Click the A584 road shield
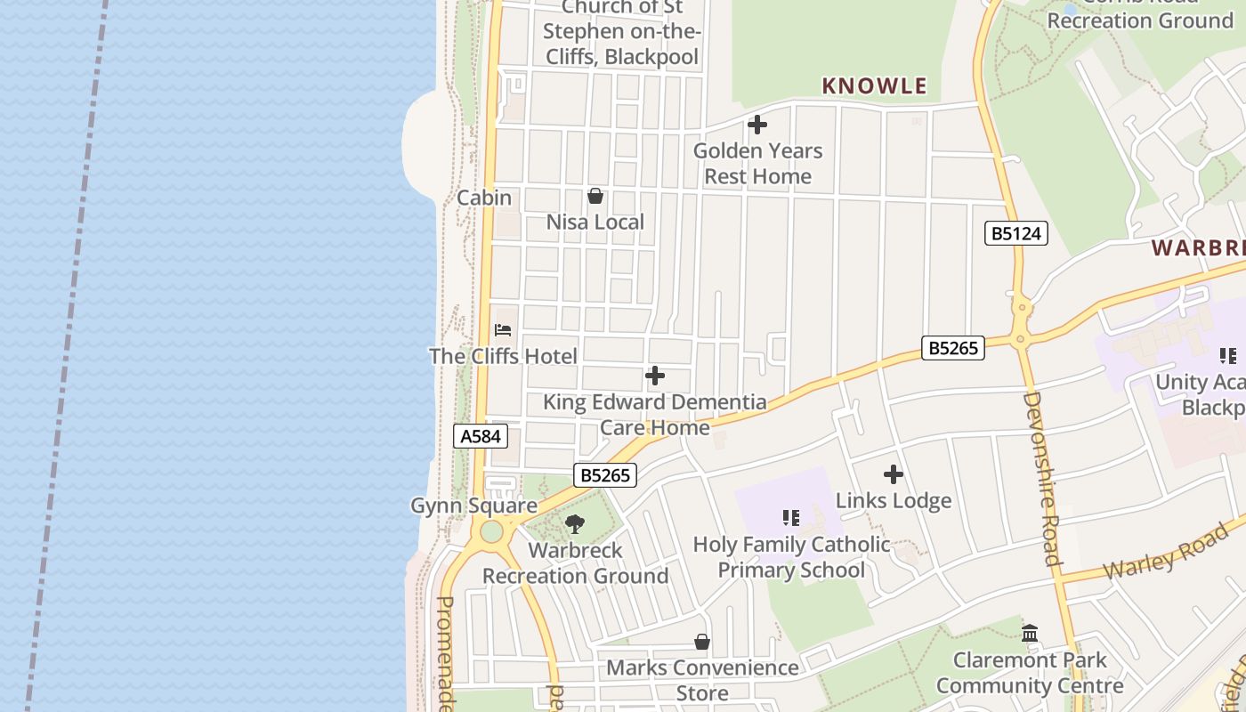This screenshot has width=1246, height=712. (x=481, y=436)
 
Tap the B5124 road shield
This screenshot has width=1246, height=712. (x=1015, y=234)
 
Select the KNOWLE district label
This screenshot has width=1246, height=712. (x=874, y=86)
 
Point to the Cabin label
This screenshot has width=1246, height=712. (x=484, y=198)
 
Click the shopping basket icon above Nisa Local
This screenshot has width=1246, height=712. (x=595, y=196)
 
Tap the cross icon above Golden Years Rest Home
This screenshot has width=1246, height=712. (x=757, y=125)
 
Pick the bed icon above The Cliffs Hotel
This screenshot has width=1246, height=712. (x=503, y=330)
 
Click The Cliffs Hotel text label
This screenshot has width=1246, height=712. (x=503, y=356)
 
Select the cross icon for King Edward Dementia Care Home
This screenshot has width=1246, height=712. (x=655, y=376)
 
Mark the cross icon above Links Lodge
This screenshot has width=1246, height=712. (x=894, y=474)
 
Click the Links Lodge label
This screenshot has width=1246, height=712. (x=894, y=500)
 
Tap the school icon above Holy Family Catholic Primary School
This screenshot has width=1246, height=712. (x=791, y=517)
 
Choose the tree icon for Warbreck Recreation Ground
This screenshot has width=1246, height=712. (x=575, y=524)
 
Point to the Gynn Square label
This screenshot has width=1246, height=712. (x=473, y=506)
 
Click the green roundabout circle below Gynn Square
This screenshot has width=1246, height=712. (x=491, y=532)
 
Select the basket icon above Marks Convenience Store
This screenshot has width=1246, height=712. (x=702, y=642)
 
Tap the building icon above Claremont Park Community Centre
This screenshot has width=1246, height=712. (x=1030, y=634)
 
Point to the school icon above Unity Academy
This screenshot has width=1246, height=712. (x=1228, y=356)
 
